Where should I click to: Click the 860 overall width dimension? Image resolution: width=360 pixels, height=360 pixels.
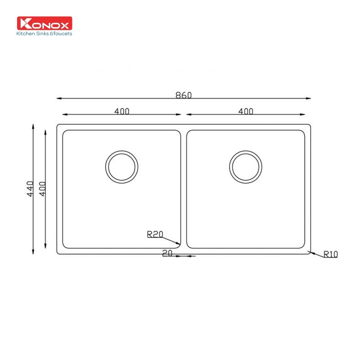pos(183,95)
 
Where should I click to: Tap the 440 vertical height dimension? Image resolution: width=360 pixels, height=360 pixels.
pos(30,189)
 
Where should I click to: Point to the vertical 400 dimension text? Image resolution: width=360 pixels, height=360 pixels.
pos(42,189)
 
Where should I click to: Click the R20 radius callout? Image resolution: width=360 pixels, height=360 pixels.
pos(154,234)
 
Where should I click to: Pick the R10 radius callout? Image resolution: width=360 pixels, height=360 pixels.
pos(330,254)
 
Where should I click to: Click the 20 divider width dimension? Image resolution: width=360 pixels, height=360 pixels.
pos(167,254)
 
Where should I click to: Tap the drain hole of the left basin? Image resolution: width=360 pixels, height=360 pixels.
pos(121,166)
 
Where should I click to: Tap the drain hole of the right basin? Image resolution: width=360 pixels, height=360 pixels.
pos(246,166)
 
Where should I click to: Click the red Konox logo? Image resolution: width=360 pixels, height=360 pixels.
pos(45,23)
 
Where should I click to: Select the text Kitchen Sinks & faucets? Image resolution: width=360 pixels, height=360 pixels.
pos(44,33)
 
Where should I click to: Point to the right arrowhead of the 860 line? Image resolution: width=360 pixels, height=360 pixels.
pos(309,99)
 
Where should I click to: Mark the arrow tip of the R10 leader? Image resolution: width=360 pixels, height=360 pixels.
pos(308,252)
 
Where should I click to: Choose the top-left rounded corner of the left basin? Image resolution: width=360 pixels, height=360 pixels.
pos(64,133)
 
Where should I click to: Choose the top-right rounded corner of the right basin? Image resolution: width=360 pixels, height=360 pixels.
pos(302,133)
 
